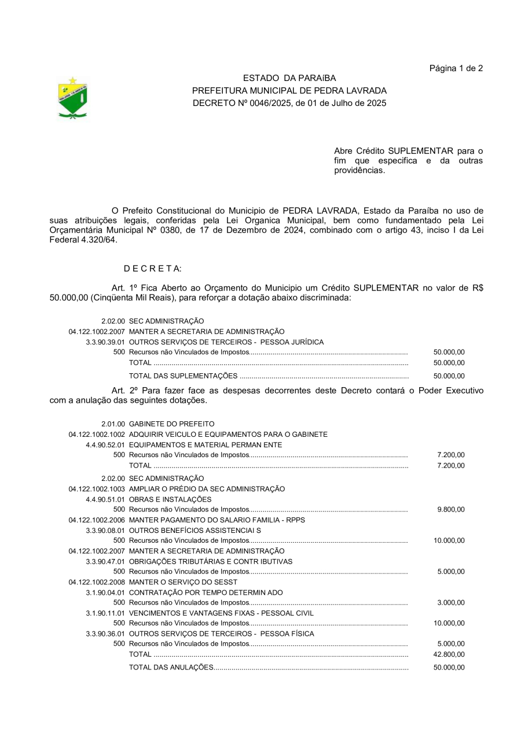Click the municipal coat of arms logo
tap(72, 98)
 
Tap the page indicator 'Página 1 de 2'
tap(456, 68)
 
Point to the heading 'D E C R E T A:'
tap(153, 268)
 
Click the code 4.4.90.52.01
tap(105, 445)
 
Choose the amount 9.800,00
tap(451, 510)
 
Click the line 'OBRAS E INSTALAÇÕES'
tap(170, 499)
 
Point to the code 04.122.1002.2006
tap(97, 520)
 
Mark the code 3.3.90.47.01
tap(105, 562)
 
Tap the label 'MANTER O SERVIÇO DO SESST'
tap(183, 582)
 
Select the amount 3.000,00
tap(451, 603)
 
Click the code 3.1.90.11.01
tap(105, 613)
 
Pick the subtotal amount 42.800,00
tap(449, 654)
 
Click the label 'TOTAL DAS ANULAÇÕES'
tap(171, 668)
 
